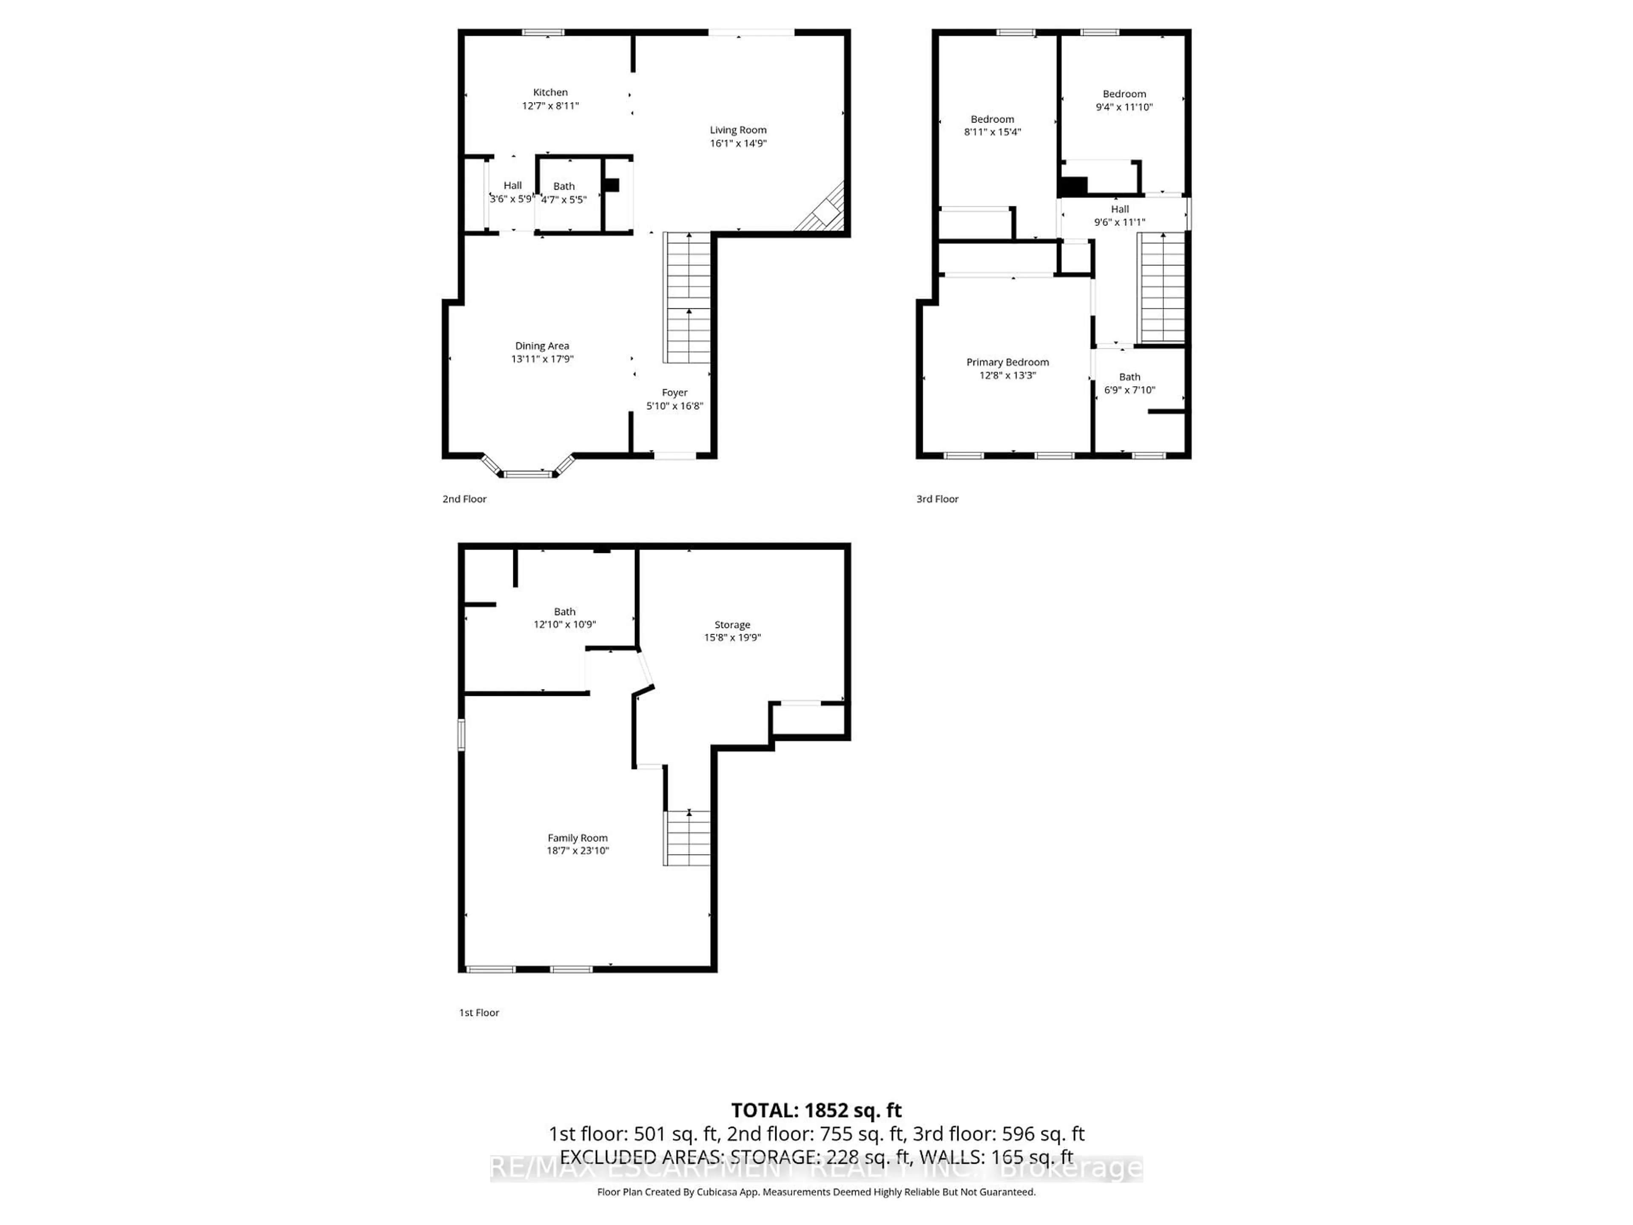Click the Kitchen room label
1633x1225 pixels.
point(550,92)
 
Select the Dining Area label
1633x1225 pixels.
point(542,345)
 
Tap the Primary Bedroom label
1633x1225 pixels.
point(1007,362)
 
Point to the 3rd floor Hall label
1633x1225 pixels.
point(1119,209)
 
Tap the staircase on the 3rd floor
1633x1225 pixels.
point(1162,288)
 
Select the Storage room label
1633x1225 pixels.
point(731,625)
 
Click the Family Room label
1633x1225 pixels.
point(578,838)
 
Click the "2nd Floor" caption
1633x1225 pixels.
point(464,499)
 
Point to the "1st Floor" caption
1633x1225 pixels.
point(479,1012)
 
